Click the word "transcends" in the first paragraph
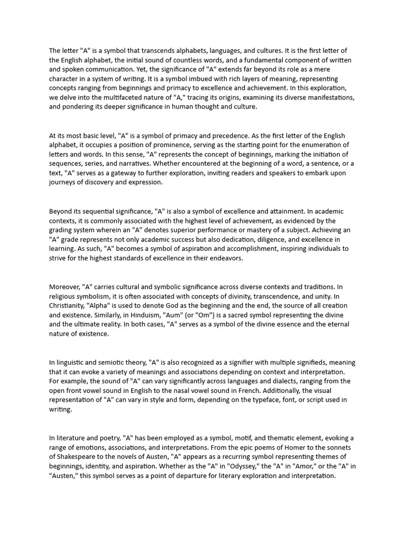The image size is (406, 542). [x=155, y=51]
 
